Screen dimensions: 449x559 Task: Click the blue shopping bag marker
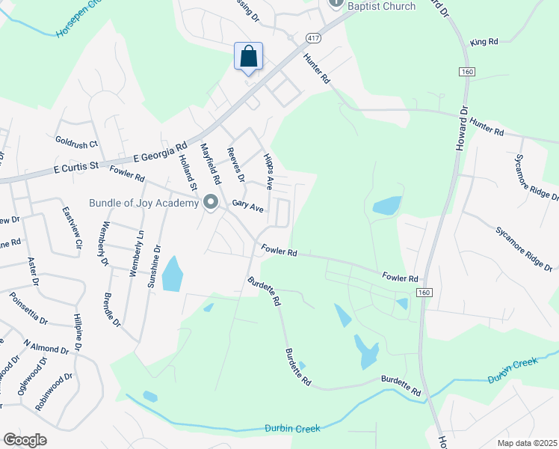(248, 56)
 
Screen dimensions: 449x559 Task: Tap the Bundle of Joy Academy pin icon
(211, 203)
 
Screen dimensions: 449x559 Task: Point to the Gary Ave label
(248, 205)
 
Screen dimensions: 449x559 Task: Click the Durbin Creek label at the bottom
(292, 428)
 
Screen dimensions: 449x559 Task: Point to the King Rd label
(484, 43)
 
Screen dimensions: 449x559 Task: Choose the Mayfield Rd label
(209, 165)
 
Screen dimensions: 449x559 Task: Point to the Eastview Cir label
(71, 228)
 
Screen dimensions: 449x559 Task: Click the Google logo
(25, 440)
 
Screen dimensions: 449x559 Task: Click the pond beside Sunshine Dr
(173, 274)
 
